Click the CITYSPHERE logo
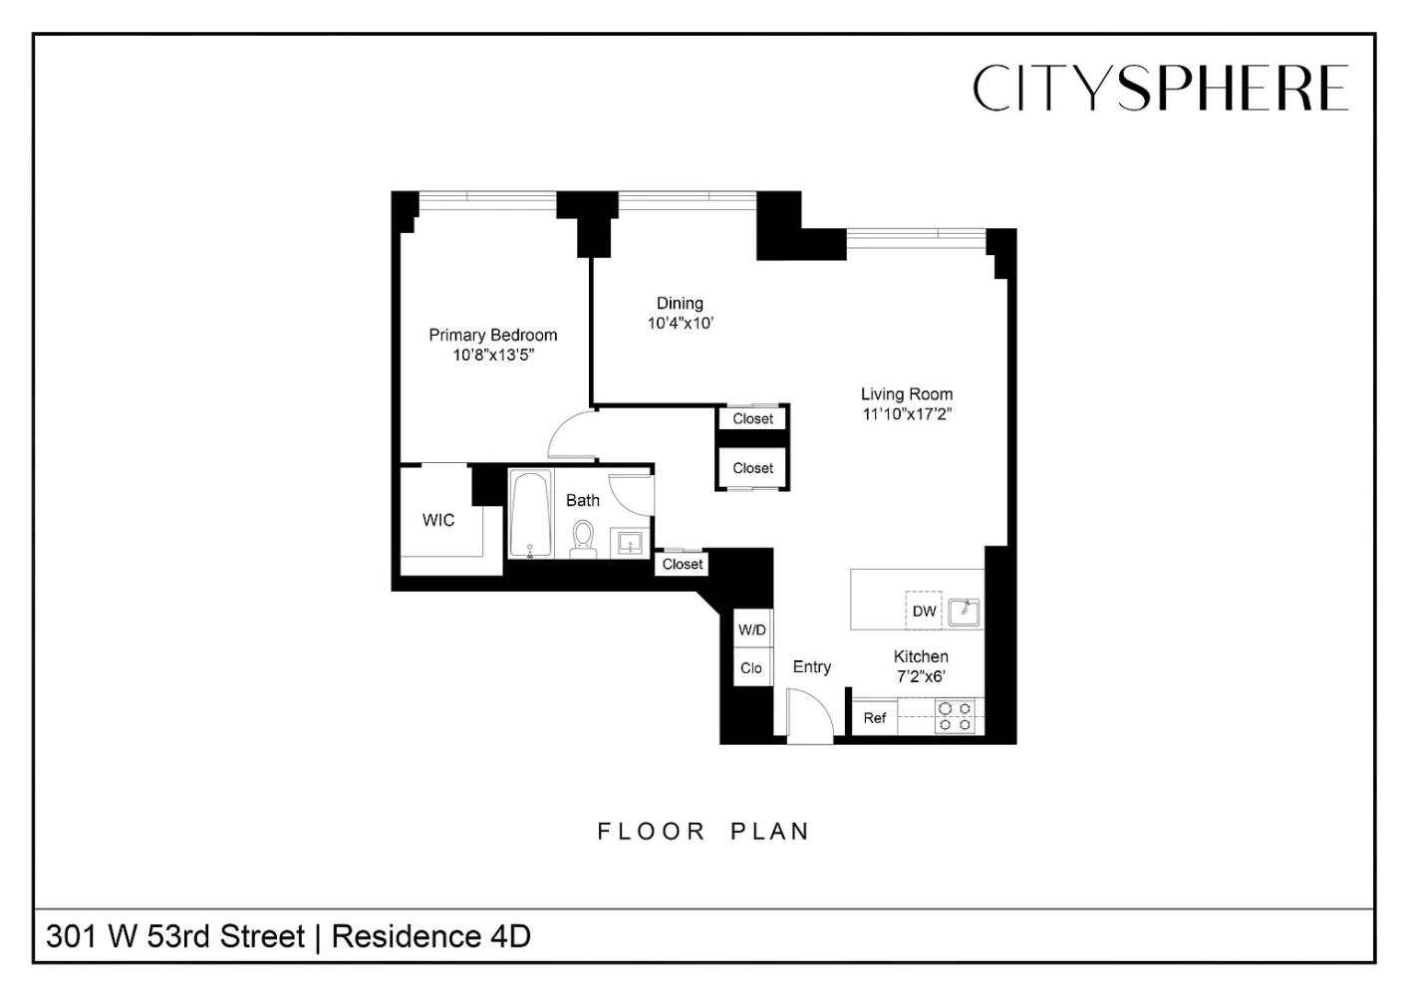[1160, 88]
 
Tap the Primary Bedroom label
[492, 335]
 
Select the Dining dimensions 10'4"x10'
[681, 324]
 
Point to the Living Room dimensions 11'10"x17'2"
[907, 414]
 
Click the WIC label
[438, 520]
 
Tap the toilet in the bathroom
[583, 538]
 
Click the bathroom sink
[630, 543]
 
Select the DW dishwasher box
[924, 611]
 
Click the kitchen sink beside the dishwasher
[964, 611]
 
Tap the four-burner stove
[955, 717]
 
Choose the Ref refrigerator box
[875, 718]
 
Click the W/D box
[752, 629]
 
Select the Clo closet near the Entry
[751, 668]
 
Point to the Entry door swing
[808, 715]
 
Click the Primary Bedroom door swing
[572, 434]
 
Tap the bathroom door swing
[632, 494]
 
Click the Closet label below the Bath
[683, 564]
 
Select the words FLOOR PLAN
[704, 832]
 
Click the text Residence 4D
[430, 936]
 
